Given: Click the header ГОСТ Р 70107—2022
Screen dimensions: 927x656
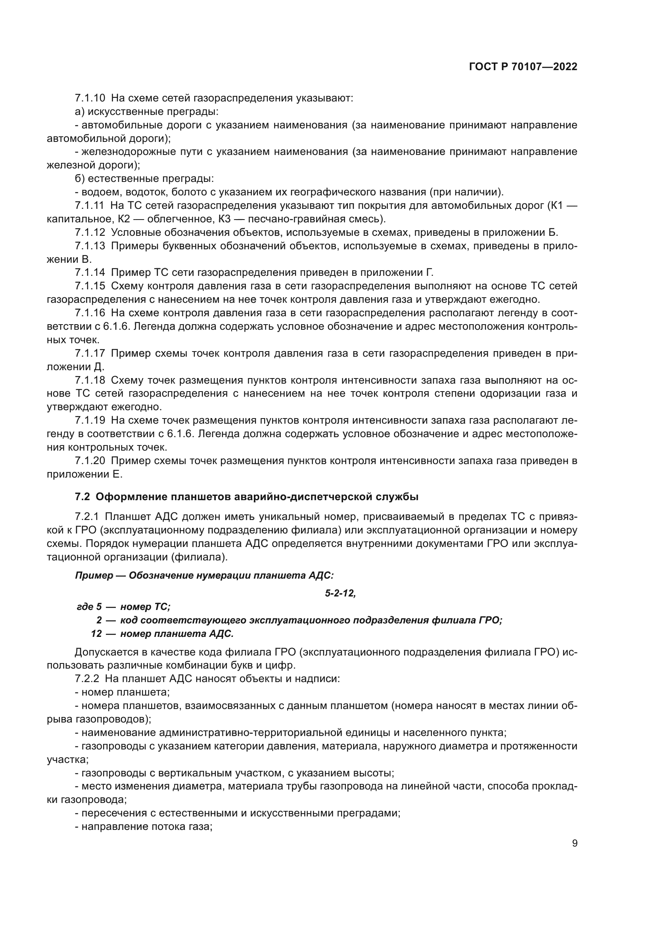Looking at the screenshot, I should [523, 67].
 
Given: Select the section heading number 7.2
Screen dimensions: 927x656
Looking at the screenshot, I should [82, 497].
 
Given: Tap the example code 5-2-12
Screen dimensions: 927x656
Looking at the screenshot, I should [340, 594].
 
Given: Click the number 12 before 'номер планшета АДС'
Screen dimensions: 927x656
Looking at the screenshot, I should [96, 633].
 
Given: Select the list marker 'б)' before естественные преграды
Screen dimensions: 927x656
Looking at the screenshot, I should [80, 178].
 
